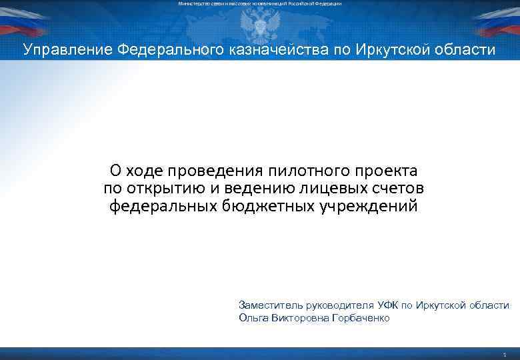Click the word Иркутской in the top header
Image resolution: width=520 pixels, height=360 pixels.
click(x=389, y=50)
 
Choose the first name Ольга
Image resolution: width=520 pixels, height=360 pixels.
click(x=253, y=318)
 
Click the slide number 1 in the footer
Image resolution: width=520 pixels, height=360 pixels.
click(x=506, y=354)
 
